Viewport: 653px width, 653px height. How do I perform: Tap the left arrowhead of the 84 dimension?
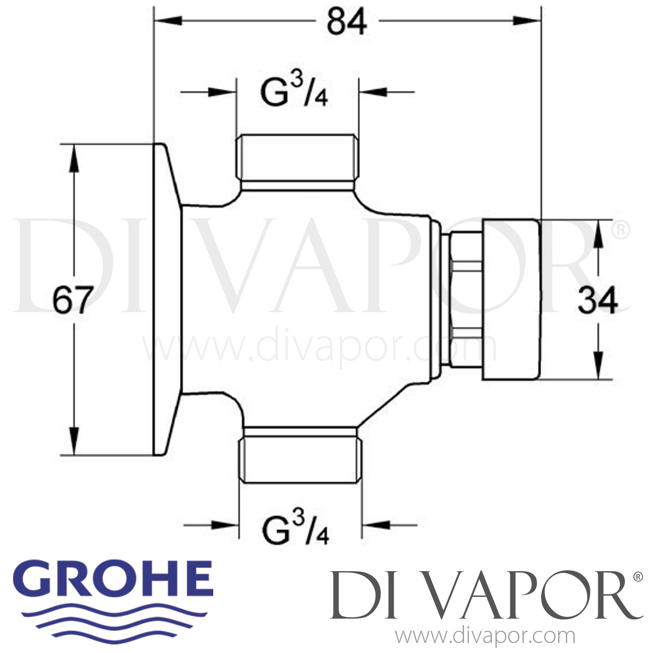pyautogui.click(x=168, y=20)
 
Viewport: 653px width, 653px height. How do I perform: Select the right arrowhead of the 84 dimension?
pyautogui.click(x=528, y=20)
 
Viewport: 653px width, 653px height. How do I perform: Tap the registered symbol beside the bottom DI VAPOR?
pyautogui.click(x=637, y=577)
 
